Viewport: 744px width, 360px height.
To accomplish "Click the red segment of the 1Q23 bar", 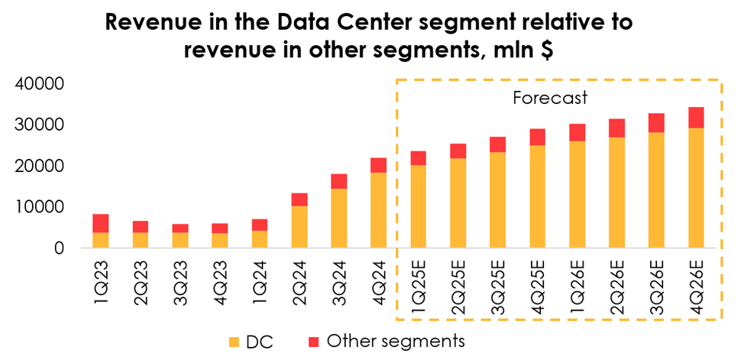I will pyautogui.click(x=101, y=223).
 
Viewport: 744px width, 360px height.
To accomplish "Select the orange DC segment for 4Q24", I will pyautogui.click(x=378, y=210).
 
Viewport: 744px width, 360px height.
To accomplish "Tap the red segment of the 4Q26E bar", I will pyautogui.click(x=696, y=117).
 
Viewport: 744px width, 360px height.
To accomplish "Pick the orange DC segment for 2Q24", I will pyautogui.click(x=299, y=227).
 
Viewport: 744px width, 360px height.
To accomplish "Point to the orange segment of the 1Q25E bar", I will pyautogui.click(x=418, y=206).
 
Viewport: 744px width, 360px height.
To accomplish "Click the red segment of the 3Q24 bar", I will pyautogui.click(x=338, y=181).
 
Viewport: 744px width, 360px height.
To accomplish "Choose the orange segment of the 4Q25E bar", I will pyautogui.click(x=537, y=196).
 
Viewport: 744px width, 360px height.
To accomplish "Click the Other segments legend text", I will pyautogui.click(x=395, y=341).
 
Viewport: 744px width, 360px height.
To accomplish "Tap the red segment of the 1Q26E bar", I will pyautogui.click(x=577, y=132).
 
